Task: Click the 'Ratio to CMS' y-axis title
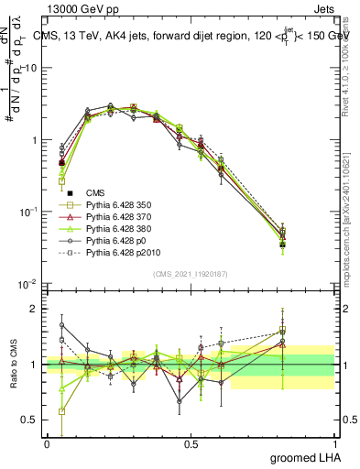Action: click(12, 376)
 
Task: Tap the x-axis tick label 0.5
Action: click(191, 444)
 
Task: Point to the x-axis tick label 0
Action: click(47, 444)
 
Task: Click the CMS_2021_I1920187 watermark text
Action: click(191, 273)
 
